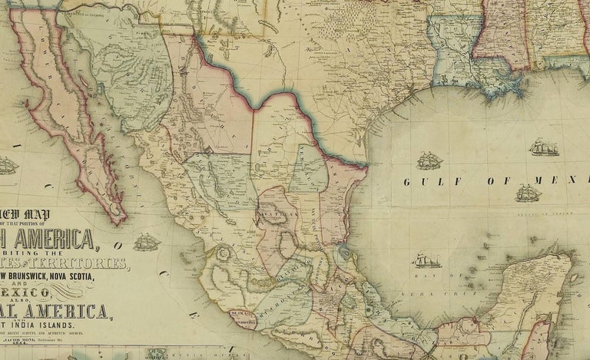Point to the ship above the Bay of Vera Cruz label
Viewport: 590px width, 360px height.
pyautogui.click(x=425, y=259)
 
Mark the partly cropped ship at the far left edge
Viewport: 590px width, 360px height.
pyautogui.click(x=7, y=165)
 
